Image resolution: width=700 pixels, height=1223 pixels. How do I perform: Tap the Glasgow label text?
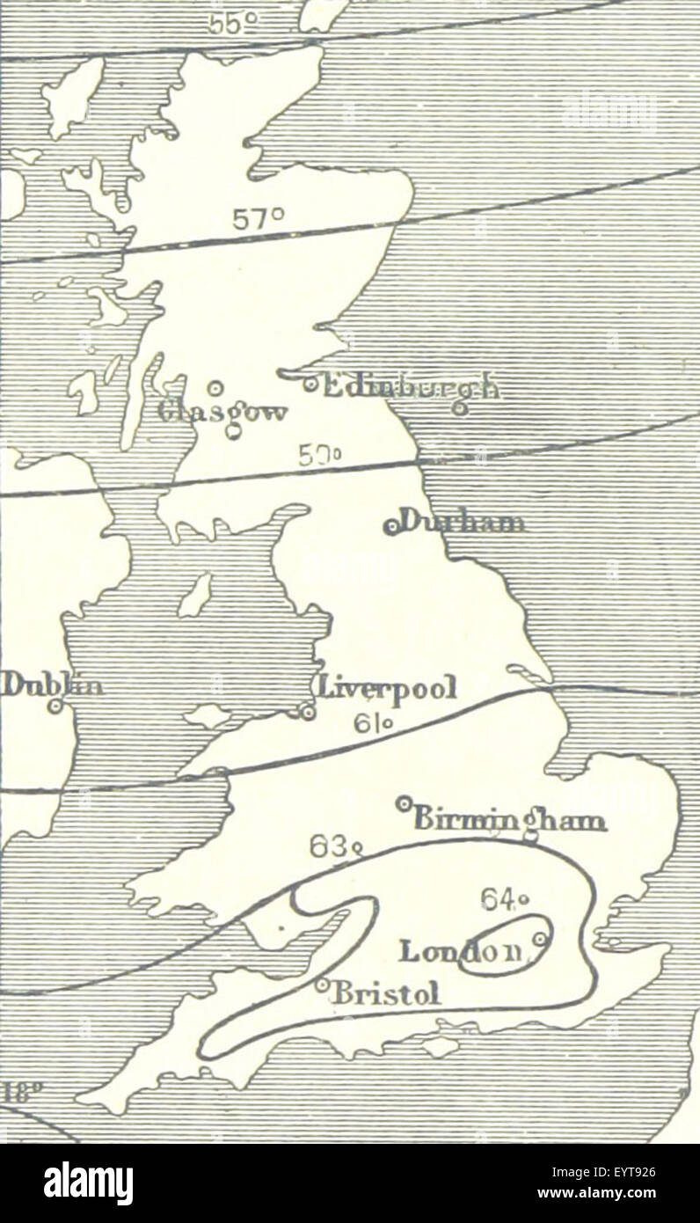[223, 412]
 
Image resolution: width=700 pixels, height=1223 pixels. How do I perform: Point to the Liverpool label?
[387, 687]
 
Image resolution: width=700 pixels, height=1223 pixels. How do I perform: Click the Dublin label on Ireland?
[51, 684]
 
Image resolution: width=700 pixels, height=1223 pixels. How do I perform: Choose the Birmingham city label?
[509, 820]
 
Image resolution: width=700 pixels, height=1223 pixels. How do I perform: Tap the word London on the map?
[461, 950]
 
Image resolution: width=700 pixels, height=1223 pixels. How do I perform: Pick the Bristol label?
[385, 993]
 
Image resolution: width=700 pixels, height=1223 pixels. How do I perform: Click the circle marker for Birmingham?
[404, 802]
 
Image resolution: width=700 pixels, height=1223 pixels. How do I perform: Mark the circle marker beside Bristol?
[322, 985]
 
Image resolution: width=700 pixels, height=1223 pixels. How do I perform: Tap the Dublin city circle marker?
[56, 706]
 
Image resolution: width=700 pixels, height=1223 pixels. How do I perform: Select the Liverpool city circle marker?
[307, 712]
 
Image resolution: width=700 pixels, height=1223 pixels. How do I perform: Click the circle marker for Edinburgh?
[310, 384]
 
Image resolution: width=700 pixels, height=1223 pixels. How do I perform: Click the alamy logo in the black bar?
[89, 1183]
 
